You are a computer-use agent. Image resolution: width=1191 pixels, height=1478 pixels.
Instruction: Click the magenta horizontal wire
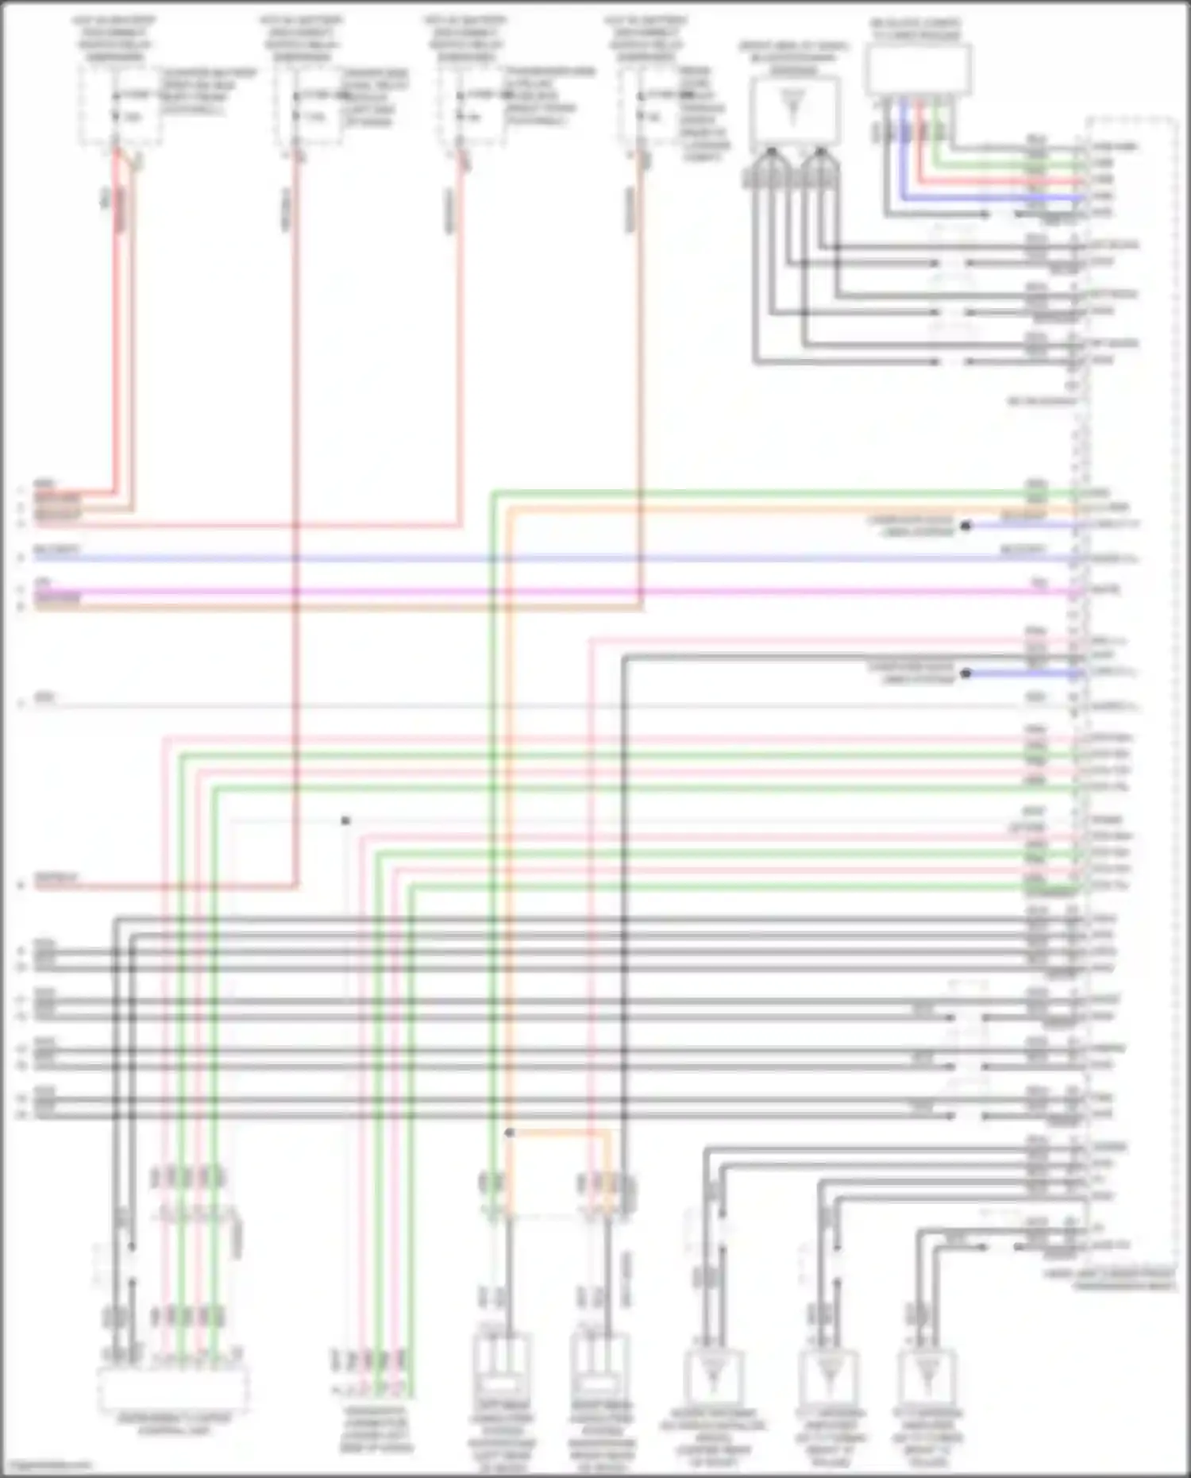(556, 592)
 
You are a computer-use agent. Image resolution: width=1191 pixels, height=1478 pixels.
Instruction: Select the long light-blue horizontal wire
(556, 559)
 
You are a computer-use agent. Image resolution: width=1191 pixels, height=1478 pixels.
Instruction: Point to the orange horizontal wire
(794, 509)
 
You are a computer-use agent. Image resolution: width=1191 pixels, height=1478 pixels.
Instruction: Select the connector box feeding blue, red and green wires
(919, 70)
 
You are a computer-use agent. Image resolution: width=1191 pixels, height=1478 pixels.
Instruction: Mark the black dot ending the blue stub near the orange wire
(966, 526)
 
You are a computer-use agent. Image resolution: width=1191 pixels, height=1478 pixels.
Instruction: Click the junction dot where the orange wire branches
(509, 1133)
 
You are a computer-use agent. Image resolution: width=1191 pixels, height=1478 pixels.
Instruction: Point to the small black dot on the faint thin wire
(345, 820)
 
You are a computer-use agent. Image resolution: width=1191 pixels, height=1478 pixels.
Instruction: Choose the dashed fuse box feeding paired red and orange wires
(119, 106)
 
